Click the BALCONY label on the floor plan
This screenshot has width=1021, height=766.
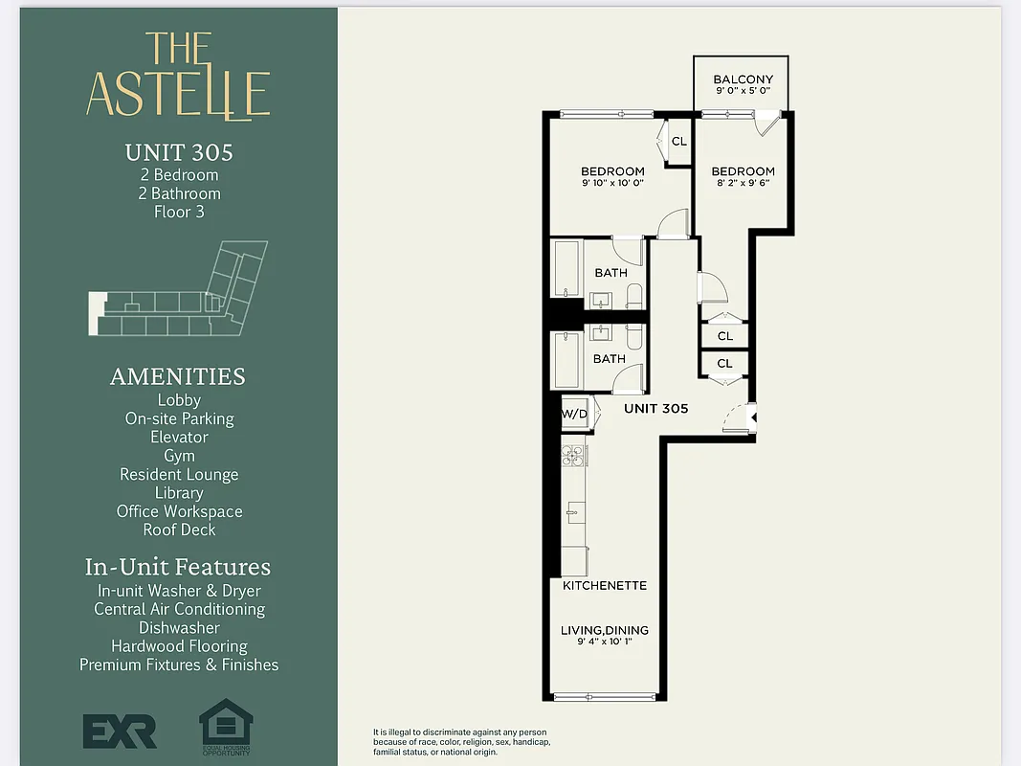tap(743, 79)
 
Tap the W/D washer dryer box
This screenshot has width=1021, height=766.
tap(574, 415)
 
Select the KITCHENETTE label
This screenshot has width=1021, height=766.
tap(604, 585)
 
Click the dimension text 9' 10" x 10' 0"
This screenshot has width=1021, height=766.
tap(612, 183)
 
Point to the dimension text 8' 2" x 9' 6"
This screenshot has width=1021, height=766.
tap(743, 183)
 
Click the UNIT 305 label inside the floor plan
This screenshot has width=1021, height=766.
tap(655, 408)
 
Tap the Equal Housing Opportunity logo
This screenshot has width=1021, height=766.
tap(226, 728)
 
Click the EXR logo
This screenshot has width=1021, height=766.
tap(120, 732)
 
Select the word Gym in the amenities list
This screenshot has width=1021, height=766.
tap(179, 456)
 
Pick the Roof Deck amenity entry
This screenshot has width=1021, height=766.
tap(179, 529)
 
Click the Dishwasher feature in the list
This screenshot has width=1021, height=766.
tap(179, 628)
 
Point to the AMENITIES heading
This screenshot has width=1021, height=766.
tap(178, 376)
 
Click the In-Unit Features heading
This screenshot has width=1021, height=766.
tap(178, 567)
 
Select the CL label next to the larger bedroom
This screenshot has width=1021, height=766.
tap(678, 142)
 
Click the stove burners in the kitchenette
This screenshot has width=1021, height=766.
tap(572, 456)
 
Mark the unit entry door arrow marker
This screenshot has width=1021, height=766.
tap(753, 417)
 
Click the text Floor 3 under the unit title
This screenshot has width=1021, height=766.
tap(179, 212)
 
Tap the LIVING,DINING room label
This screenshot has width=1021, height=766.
tap(604, 630)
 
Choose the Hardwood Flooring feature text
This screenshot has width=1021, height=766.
tap(179, 646)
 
